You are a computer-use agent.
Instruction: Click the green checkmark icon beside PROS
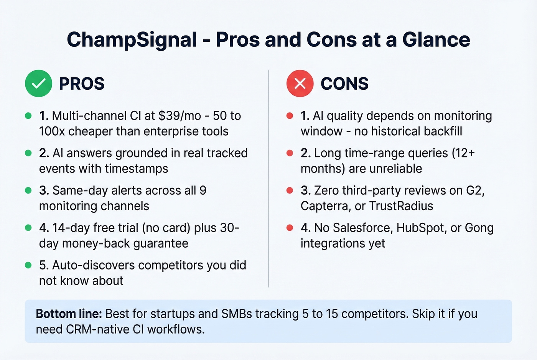pyautogui.click(x=38, y=84)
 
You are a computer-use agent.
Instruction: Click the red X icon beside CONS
pyautogui.click(x=300, y=84)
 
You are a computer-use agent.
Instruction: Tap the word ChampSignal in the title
pyautogui.click(x=132, y=39)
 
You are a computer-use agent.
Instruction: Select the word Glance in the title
pyautogui.click(x=436, y=39)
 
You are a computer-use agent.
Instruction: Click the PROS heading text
pyautogui.click(x=81, y=84)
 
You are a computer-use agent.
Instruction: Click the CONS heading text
pyautogui.click(x=344, y=84)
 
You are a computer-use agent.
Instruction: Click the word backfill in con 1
pyautogui.click(x=439, y=132)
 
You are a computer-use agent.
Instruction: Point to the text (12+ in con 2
pyautogui.click(x=463, y=153)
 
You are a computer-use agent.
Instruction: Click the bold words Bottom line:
pyautogui.click(x=69, y=314)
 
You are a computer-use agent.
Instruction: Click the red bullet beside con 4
pyautogui.click(x=290, y=228)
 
